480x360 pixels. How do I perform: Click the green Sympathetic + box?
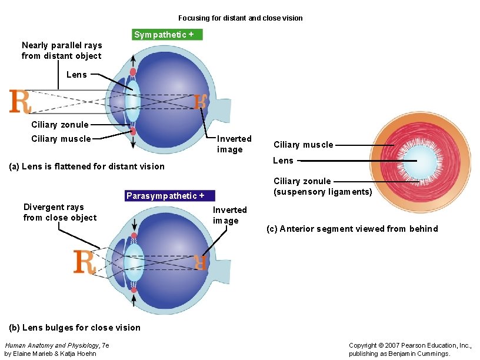click(167, 35)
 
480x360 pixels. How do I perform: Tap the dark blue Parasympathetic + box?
click(170, 196)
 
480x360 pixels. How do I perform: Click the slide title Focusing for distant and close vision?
click(240, 18)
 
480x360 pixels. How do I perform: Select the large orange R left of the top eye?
click(19, 101)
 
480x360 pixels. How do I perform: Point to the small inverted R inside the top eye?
click(201, 102)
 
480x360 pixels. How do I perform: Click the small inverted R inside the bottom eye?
click(201, 262)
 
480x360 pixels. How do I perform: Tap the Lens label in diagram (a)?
click(76, 75)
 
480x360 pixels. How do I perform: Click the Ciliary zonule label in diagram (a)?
click(60, 125)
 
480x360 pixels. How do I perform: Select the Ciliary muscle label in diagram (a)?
click(61, 139)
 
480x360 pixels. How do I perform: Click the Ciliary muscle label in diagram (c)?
click(304, 145)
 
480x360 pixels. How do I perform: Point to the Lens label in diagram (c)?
click(283, 160)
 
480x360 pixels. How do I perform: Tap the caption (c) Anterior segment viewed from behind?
click(352, 229)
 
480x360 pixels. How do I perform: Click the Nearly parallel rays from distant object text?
click(62, 51)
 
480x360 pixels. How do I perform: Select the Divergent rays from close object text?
click(60, 212)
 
